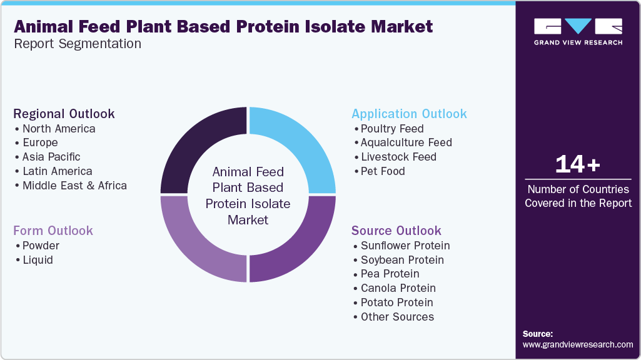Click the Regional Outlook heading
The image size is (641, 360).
64,114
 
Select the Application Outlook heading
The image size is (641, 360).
409,114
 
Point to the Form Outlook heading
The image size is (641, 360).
53,231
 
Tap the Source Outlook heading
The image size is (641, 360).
396,231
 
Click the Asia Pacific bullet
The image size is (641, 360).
51,157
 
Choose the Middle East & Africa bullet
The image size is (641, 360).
74,186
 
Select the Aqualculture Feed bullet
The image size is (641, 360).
406,142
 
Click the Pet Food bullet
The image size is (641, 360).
383,171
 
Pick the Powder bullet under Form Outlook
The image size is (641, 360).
41,246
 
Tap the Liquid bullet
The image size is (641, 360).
38,260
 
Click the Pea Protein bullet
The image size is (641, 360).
390,274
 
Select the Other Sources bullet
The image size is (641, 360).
397,317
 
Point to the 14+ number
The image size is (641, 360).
578,164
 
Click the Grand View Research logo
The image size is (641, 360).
578,31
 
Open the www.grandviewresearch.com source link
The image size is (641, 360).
578,344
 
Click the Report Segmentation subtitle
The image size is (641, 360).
78,44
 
